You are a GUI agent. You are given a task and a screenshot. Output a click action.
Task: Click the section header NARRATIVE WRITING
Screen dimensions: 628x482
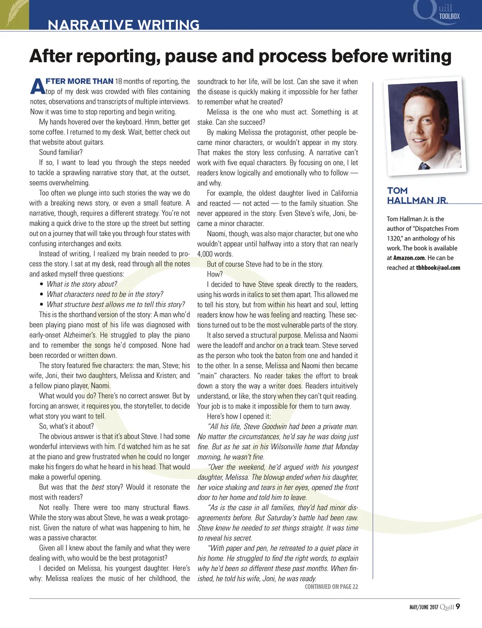click(124, 24)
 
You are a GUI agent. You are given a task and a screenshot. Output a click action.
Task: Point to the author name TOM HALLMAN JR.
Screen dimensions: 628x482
click(417, 195)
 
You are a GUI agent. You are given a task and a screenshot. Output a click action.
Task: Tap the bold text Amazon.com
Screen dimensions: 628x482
click(409, 258)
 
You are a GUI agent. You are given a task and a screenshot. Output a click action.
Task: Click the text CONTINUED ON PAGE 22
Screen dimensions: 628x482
click(331, 587)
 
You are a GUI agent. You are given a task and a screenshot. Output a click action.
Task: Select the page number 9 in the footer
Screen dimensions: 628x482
click(458, 606)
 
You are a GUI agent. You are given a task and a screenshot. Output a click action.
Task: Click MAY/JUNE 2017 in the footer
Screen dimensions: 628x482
click(424, 607)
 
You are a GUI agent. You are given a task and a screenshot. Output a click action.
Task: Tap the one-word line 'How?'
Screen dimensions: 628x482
click(215, 274)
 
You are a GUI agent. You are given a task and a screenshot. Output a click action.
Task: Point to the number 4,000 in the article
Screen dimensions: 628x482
click(205, 254)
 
